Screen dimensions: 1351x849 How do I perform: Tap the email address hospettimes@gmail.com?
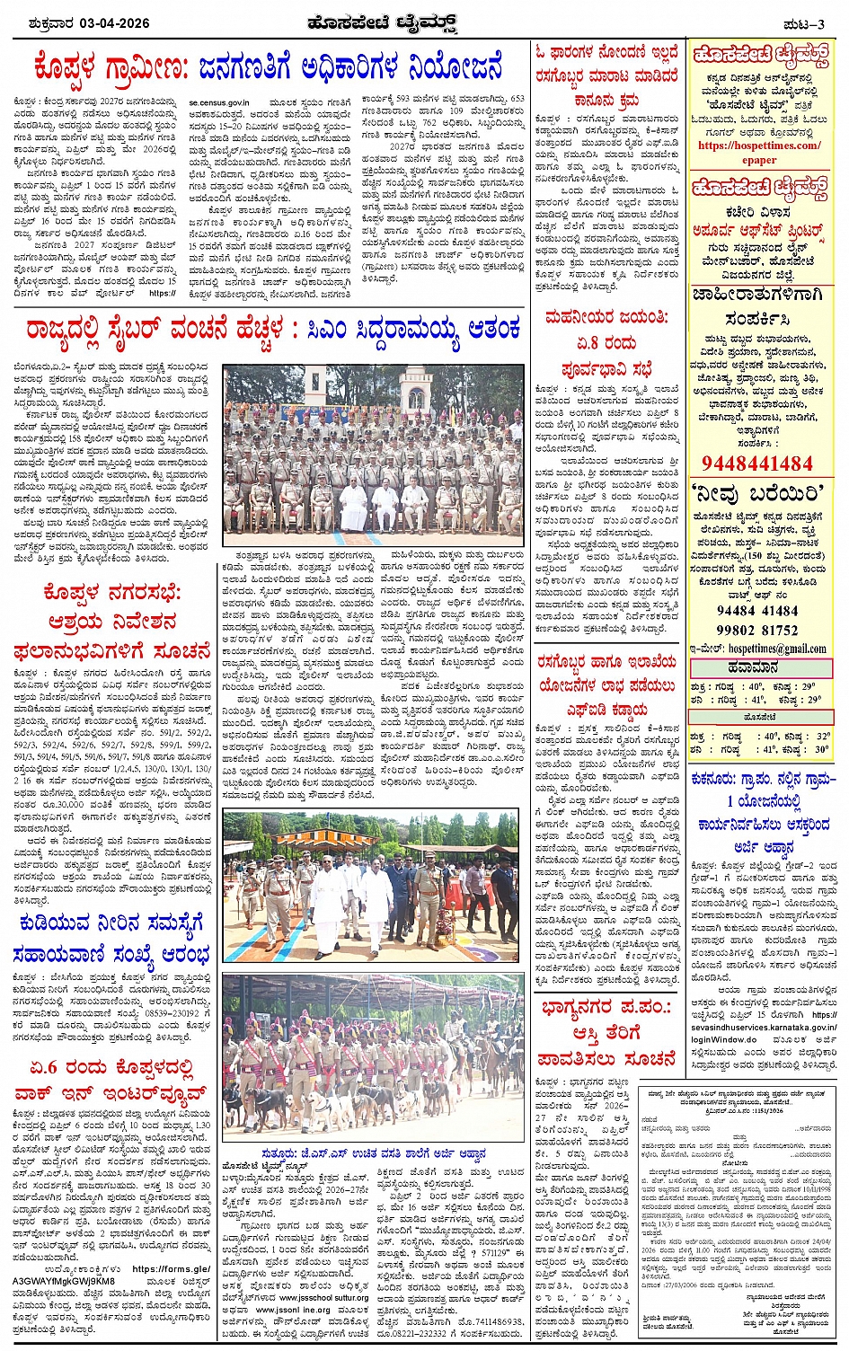click(776, 648)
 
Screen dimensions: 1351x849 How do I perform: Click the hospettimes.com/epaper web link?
click(759, 152)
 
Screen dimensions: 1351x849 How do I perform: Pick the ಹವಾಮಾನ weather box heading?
click(760, 667)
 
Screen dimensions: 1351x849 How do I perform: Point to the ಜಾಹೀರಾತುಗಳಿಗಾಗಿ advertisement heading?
click(759, 295)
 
